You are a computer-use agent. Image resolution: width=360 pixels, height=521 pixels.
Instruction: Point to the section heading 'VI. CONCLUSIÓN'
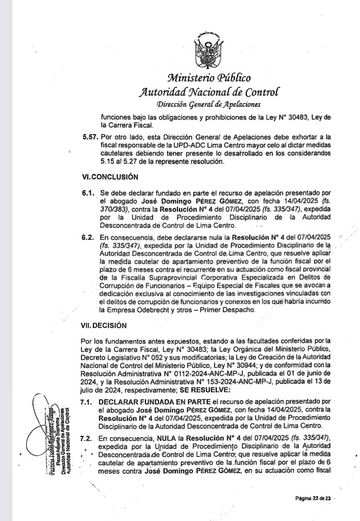[110, 176]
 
